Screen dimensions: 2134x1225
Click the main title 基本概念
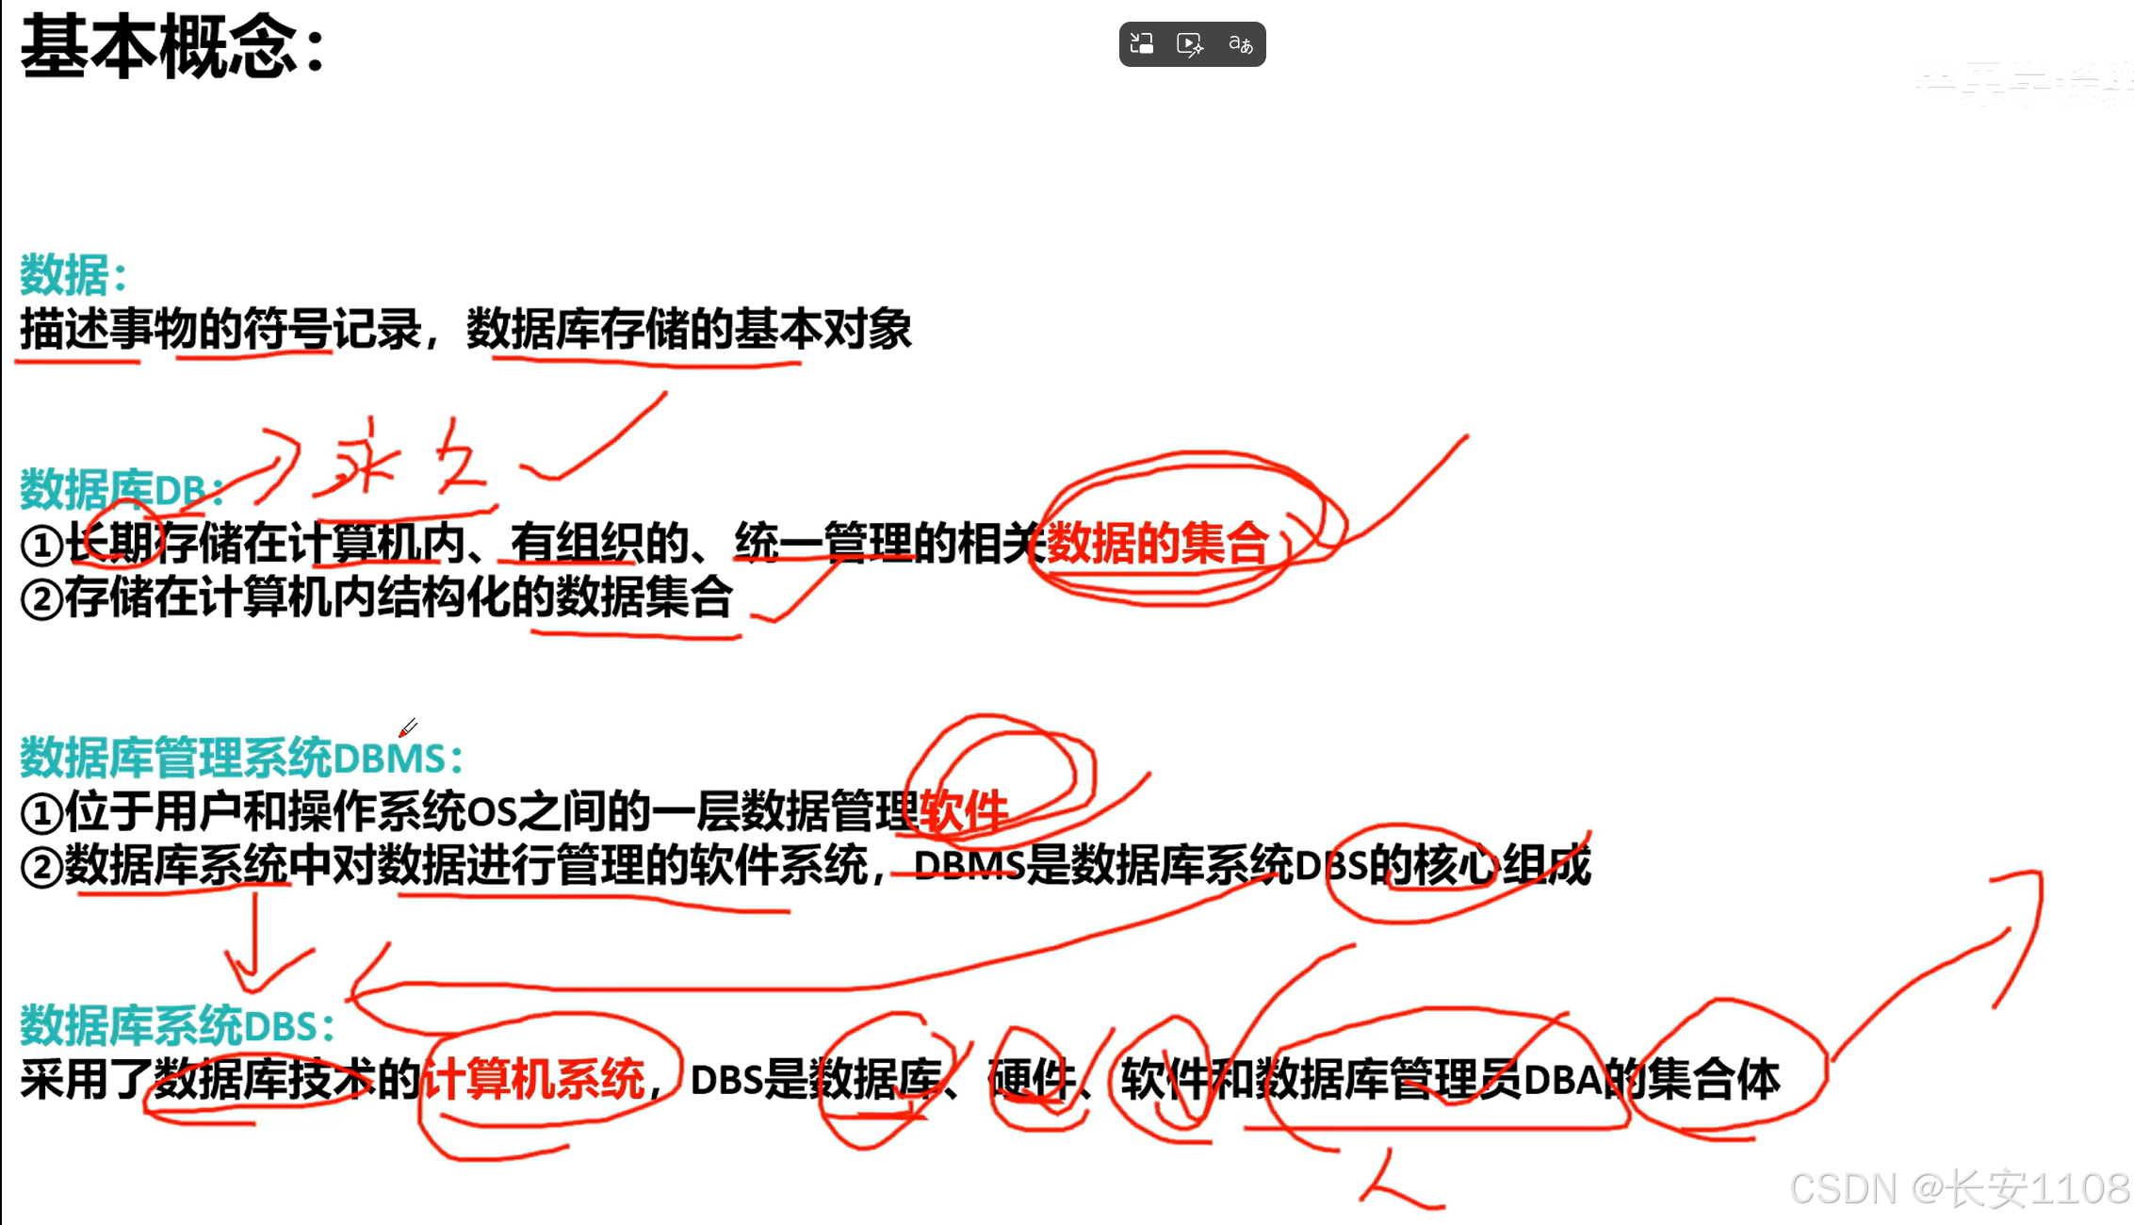pyautogui.click(x=160, y=47)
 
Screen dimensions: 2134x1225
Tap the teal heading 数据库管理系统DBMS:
pyautogui.click(x=240, y=758)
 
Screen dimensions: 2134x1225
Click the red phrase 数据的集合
pyautogui.click(x=1157, y=544)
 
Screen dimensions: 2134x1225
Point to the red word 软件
pyautogui.click(x=963, y=810)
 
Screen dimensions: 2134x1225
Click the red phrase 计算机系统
pyautogui.click(x=533, y=1079)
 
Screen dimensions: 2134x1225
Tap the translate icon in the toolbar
pyautogui.click(x=1240, y=44)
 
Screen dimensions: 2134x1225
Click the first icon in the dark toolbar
pyautogui.click(x=1142, y=44)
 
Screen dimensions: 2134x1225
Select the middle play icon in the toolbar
pyautogui.click(x=1190, y=44)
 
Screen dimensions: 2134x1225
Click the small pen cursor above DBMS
pyautogui.click(x=408, y=728)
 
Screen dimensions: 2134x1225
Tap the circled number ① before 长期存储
pyautogui.click(x=41, y=545)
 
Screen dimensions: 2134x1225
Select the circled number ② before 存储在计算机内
pyautogui.click(x=41, y=599)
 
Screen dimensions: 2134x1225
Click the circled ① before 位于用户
pyautogui.click(x=41, y=813)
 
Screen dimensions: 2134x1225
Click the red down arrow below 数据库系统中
pyautogui.click(x=253, y=947)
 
